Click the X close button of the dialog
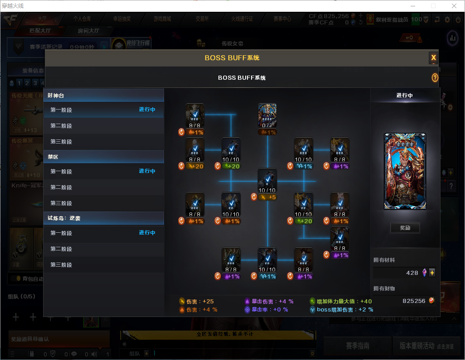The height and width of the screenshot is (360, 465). (433, 58)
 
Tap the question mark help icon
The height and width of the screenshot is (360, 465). (435, 78)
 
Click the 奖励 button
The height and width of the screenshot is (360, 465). (405, 228)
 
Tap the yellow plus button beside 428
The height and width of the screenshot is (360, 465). (432, 273)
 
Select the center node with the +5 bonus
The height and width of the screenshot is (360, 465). (267, 181)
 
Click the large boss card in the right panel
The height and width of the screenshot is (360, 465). (405, 171)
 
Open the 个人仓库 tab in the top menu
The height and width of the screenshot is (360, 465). (82, 19)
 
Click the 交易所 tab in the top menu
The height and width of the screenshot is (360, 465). (202, 19)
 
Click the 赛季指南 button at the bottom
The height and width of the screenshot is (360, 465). (358, 346)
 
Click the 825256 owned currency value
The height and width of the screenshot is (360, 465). (413, 301)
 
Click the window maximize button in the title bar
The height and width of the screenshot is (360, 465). (433, 6)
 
